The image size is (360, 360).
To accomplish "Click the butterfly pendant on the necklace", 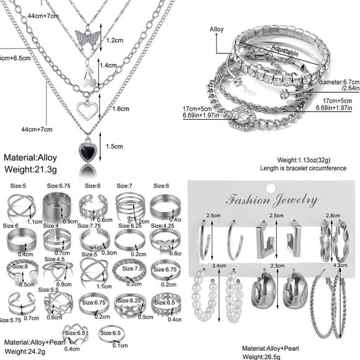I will pos(88,36).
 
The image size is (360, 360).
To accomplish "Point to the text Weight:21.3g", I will pos(30,168).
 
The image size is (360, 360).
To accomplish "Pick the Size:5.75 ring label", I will pos(11,320).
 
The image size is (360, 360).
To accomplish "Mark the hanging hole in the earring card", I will pos(271,184).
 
